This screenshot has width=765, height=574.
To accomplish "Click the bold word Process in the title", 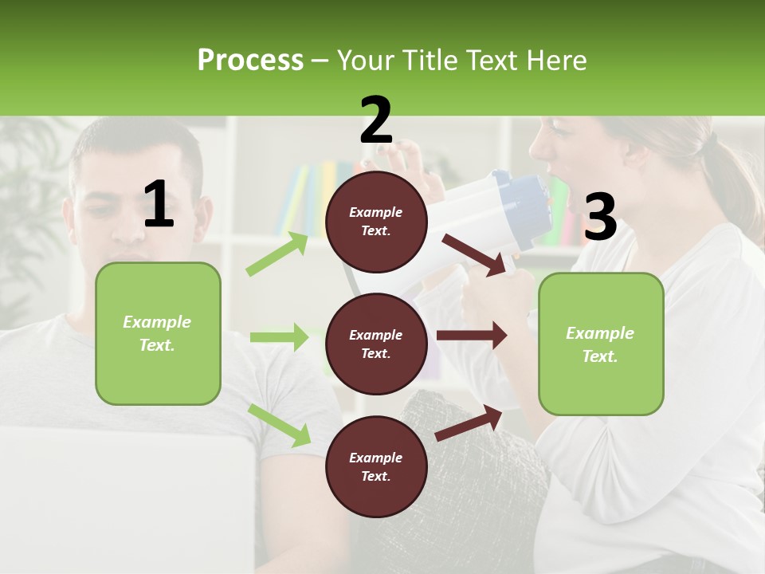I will point(250,60).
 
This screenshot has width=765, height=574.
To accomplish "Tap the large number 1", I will point(159,205).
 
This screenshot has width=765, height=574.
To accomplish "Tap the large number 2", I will point(376,120).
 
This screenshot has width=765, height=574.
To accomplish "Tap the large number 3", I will point(600,218).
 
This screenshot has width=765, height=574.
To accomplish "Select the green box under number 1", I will point(158,333).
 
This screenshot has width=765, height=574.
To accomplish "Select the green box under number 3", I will point(601,344).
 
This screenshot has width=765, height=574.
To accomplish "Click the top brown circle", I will point(376,222).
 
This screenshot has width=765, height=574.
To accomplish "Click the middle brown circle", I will point(376,344).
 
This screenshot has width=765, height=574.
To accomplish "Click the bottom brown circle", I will point(376,466).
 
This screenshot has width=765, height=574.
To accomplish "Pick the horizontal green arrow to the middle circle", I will point(279,337).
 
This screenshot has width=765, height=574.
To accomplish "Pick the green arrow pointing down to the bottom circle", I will point(280,425).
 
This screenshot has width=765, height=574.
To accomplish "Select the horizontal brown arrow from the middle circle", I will point(471,336).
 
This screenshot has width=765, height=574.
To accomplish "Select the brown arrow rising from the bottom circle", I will point(469,423).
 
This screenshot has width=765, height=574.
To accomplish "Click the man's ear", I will point(206,214).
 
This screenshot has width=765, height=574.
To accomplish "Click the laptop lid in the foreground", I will point(127,494).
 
